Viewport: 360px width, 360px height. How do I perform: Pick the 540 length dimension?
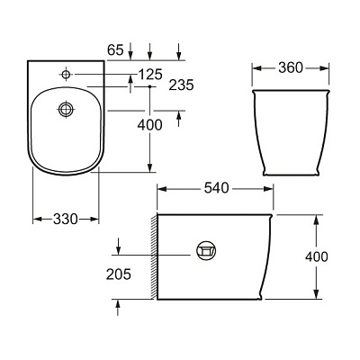pos(215,188)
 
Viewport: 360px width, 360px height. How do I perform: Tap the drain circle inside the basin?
pos(65,109)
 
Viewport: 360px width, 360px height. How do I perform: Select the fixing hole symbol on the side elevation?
pos(206,250)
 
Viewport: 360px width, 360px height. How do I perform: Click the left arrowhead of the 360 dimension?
pos(254,67)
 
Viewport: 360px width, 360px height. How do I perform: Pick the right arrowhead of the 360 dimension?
pos(321,67)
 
